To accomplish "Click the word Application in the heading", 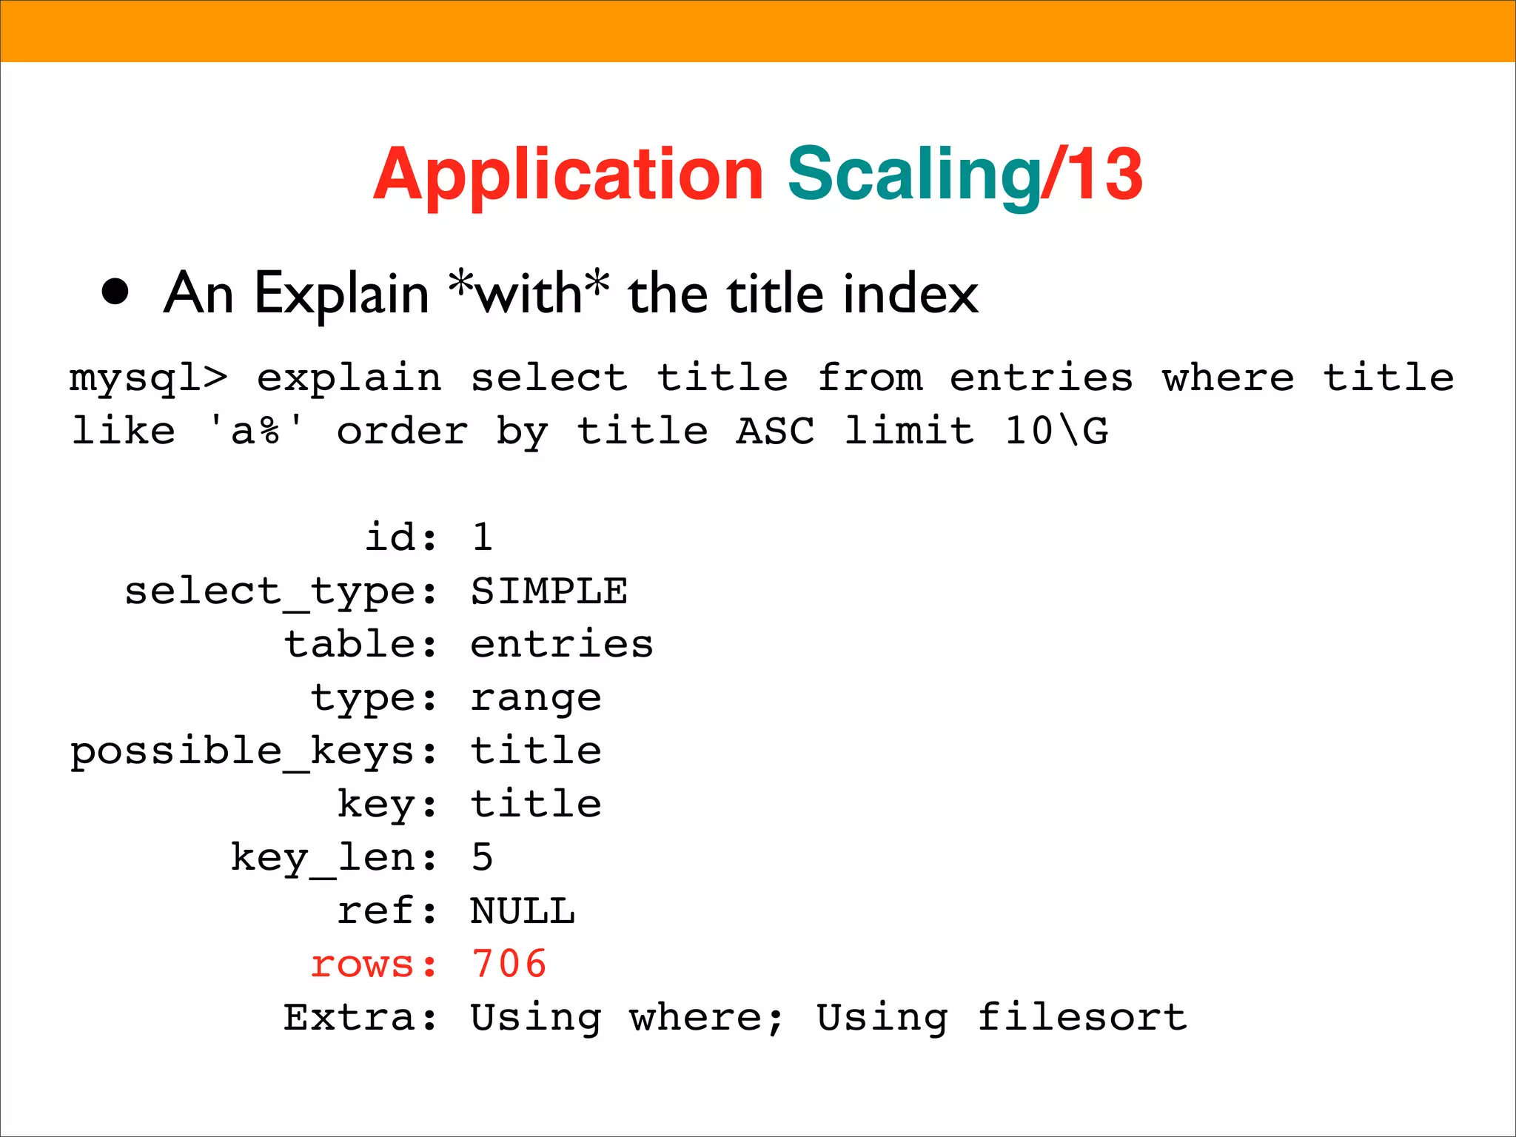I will [568, 175].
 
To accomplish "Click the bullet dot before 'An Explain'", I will [115, 292].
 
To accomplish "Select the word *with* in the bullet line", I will [529, 292].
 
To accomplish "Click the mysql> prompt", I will [148, 378].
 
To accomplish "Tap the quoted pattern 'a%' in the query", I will [256, 431].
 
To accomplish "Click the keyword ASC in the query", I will [775, 431].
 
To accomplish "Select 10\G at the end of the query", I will [1056, 431].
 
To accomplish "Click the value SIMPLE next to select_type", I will [549, 591].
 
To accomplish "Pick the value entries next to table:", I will [561, 644].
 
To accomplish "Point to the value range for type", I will [535, 698].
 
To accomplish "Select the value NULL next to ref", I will [523, 911].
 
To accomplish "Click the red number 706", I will [509, 964].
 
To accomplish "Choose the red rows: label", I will [373, 964].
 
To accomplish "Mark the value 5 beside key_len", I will [482, 857].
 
